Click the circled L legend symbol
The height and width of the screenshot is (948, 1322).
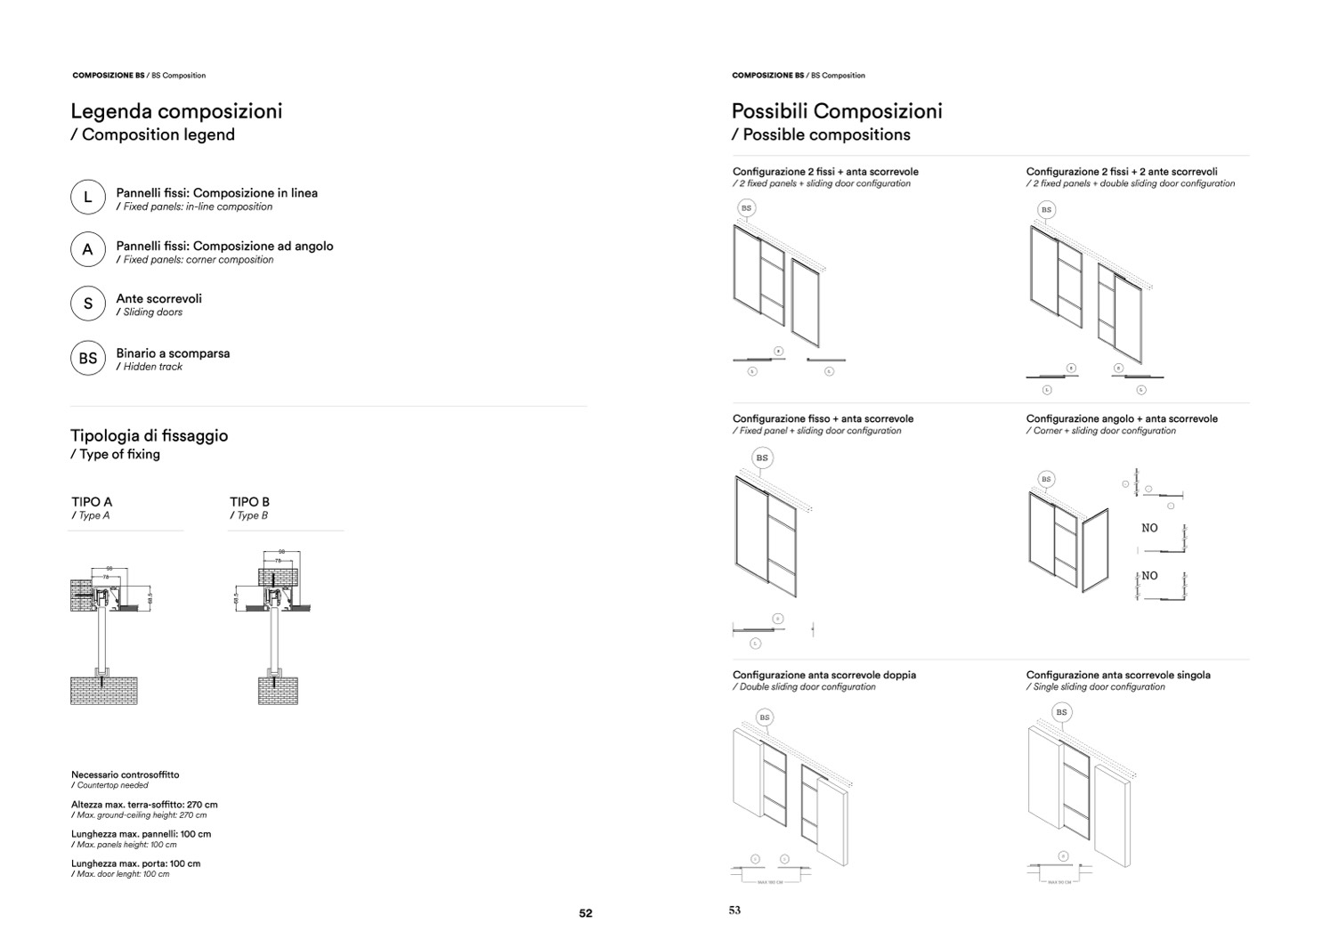(88, 198)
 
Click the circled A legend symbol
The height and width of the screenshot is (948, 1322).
(88, 250)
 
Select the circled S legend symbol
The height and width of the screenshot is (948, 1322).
(88, 304)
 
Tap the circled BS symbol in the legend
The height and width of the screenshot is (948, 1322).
(88, 359)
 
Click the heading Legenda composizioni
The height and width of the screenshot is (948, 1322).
(176, 111)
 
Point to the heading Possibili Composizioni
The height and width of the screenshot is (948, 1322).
(836, 111)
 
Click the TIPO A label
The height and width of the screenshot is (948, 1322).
(92, 502)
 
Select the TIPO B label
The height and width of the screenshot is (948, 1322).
(249, 502)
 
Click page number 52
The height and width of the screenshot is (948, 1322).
(585, 913)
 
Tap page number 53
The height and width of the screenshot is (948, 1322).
(734, 910)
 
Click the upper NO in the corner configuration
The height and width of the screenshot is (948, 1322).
(1149, 528)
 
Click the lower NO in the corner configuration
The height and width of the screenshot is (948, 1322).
(1149, 576)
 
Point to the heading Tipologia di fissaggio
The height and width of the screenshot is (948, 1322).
(149, 435)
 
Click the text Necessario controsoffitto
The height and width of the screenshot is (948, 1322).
(125, 774)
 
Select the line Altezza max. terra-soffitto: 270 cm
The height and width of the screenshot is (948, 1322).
(144, 805)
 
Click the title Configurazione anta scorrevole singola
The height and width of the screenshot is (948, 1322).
(1117, 675)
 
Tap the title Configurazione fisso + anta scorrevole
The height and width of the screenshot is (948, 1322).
(823, 418)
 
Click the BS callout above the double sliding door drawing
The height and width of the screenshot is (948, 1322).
(765, 717)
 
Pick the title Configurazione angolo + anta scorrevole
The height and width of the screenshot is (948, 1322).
(1121, 418)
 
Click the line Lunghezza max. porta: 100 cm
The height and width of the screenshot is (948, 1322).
(135, 863)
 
